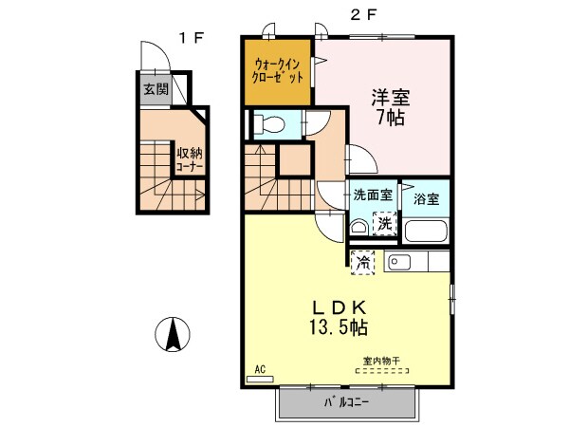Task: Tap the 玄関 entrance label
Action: pos(156,90)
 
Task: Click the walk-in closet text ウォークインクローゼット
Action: pos(278,72)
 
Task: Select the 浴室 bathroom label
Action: pos(427,199)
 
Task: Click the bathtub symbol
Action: pos(427,230)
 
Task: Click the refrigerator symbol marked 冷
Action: pos(362,262)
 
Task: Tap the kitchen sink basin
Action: pos(398,262)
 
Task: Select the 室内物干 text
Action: pos(381,362)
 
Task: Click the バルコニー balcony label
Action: pos(346,403)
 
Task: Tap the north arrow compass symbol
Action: pos(174,334)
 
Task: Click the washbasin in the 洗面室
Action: pos(358,228)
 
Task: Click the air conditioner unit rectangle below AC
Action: pos(259,380)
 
